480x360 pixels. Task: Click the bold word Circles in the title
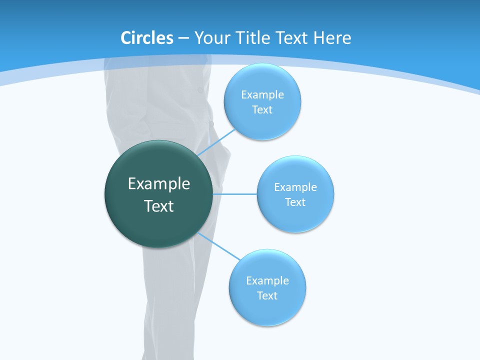click(147, 38)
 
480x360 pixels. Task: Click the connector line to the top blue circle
click(217, 142)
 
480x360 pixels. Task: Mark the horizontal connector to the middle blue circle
click(235, 194)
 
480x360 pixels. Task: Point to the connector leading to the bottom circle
click(219, 245)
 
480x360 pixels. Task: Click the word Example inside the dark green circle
click(159, 184)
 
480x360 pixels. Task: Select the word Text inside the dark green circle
click(159, 206)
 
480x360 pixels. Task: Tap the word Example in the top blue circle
click(262, 95)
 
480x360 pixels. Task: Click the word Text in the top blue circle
click(262, 110)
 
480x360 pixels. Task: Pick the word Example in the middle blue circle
click(295, 187)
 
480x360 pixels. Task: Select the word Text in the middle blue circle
click(295, 202)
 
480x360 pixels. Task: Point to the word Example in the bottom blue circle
click(267, 281)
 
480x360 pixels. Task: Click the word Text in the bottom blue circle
click(267, 296)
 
